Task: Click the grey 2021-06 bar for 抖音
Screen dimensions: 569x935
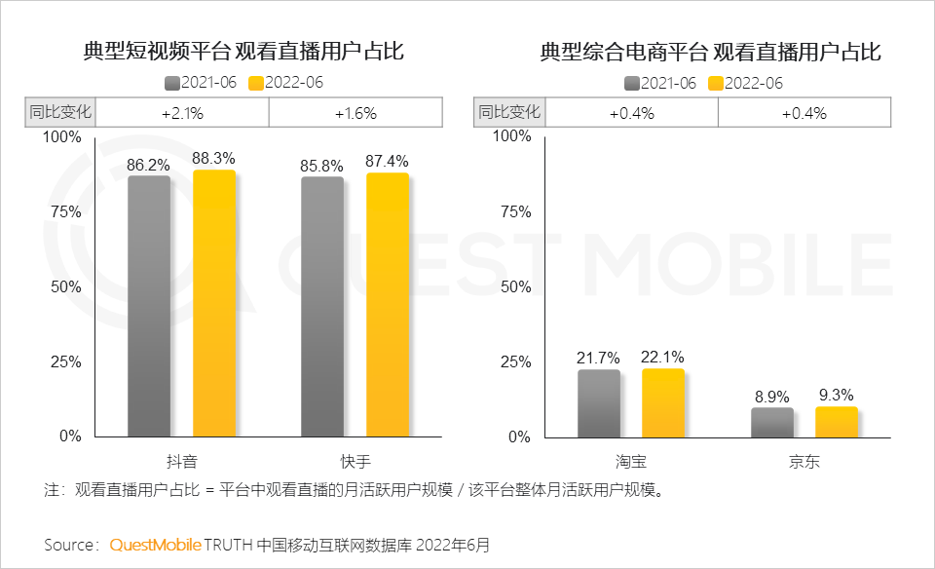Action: click(148, 306)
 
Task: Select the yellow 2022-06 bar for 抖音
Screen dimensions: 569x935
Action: click(213, 303)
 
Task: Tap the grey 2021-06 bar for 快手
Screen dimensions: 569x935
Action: click(321, 307)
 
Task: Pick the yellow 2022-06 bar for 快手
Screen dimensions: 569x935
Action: click(387, 305)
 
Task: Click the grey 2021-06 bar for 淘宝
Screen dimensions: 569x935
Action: click(598, 403)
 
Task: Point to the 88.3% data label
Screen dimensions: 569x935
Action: click(214, 158)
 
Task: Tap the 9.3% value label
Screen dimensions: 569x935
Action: click(836, 395)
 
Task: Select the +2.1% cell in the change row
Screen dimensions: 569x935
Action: click(182, 113)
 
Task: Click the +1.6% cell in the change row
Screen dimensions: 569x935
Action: click(355, 113)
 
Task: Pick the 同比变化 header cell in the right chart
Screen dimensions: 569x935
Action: click(509, 113)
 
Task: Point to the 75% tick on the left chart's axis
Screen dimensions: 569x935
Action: click(64, 211)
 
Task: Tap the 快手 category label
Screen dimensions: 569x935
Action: click(355, 462)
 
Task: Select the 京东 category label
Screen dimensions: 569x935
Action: click(804, 462)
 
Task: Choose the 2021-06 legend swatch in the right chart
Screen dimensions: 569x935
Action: click(632, 83)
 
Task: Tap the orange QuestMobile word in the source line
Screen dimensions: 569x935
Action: click(156, 544)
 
